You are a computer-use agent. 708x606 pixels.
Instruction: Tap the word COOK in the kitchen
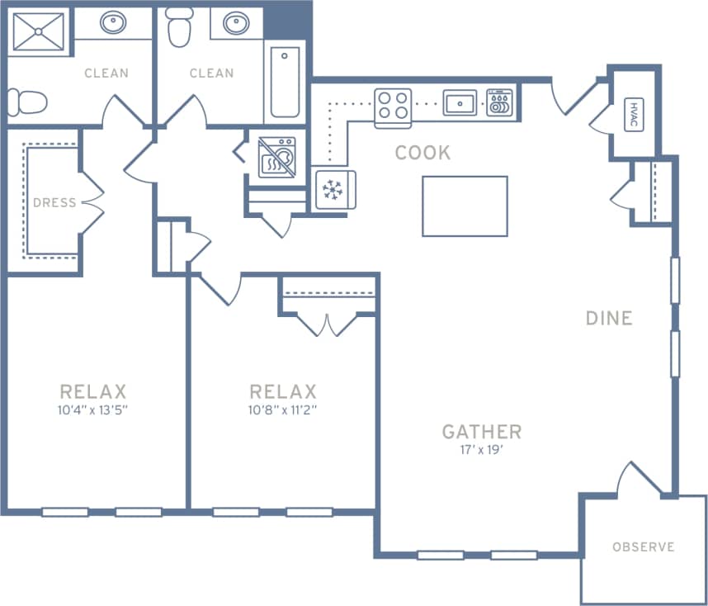click(x=422, y=153)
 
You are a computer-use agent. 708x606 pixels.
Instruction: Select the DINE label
click(x=609, y=318)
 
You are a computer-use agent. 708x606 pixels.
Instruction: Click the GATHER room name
click(x=482, y=431)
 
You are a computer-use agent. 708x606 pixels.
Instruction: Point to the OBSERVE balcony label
click(x=644, y=547)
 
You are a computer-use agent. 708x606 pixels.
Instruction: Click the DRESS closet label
click(x=54, y=202)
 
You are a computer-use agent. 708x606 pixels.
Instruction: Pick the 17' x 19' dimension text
click(x=482, y=450)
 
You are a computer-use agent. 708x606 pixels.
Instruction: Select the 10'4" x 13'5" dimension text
click(x=93, y=410)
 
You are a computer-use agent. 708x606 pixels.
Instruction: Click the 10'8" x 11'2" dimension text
click(x=283, y=410)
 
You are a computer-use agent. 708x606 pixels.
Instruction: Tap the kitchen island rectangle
click(x=465, y=206)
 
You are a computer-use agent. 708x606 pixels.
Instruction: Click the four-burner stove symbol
click(x=393, y=105)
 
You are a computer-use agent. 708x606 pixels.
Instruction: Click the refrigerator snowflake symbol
click(x=333, y=190)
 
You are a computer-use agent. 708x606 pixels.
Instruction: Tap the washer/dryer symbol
click(x=276, y=157)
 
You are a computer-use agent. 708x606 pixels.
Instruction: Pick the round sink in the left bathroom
click(x=114, y=22)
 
